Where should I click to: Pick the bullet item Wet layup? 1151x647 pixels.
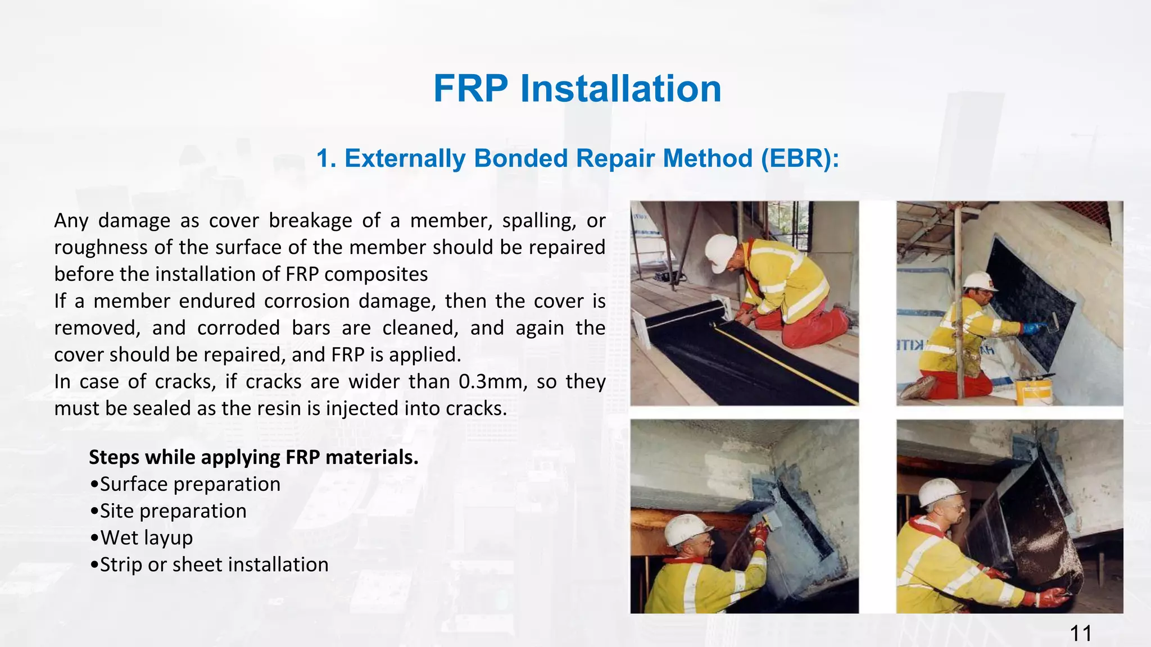click(142, 538)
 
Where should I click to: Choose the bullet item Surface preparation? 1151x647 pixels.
click(185, 484)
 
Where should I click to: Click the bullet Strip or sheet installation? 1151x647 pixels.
click(209, 564)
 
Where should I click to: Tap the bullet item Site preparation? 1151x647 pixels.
click(168, 511)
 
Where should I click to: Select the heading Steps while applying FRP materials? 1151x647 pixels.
click(253, 457)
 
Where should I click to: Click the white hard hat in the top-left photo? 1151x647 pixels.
click(720, 252)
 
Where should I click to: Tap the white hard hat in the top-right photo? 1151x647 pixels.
click(980, 281)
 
